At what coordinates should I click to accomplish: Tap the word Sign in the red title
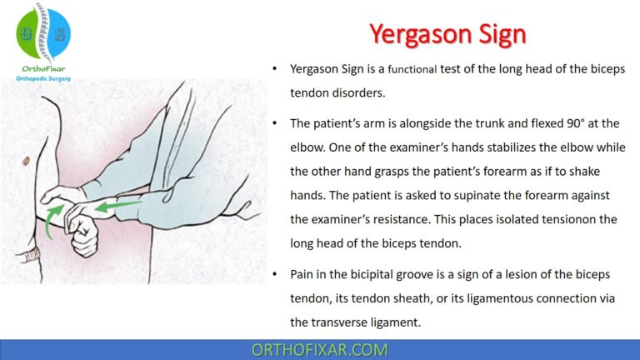click(499, 34)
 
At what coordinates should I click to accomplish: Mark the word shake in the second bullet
click(583, 172)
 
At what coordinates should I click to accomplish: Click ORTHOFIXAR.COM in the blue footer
click(319, 350)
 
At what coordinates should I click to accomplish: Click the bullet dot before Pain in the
click(275, 273)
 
